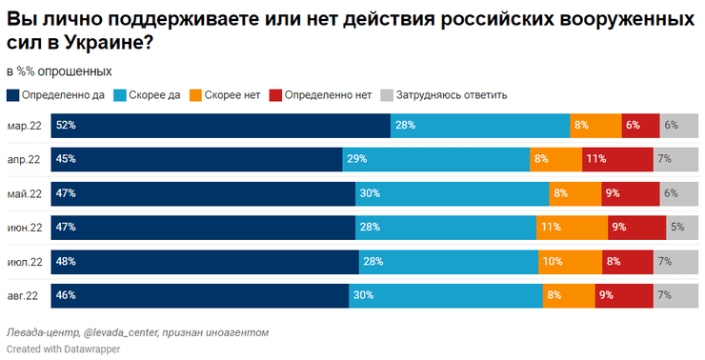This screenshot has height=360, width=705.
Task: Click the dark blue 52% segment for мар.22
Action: pyautogui.click(x=221, y=125)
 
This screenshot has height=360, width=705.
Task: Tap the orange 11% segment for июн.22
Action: pyautogui.click(x=572, y=227)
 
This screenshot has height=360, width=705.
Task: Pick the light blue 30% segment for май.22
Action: pyautogui.click(x=452, y=193)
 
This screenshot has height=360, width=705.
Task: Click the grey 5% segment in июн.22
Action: pyautogui.click(x=681, y=227)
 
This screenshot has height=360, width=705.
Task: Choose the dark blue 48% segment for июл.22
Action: pyautogui.click(x=206, y=261)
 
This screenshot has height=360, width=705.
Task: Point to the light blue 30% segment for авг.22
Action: pyautogui.click(x=444, y=295)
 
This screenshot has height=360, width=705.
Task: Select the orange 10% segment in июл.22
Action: pyautogui.click(x=571, y=261)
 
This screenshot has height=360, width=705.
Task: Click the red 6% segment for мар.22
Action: pyautogui.click(x=641, y=125)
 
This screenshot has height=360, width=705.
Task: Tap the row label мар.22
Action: pyautogui.click(x=24, y=126)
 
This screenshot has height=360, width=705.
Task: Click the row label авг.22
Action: pyautogui.click(x=24, y=296)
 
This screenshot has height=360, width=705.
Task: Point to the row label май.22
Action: pyautogui.click(x=24, y=194)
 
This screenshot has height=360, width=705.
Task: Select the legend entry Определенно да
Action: pyautogui.click(x=63, y=94)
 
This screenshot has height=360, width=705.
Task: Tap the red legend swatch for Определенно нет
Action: pyautogui.click(x=276, y=94)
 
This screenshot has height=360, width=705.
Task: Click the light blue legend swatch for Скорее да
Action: pyautogui.click(x=119, y=94)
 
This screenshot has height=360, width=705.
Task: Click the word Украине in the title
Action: pyautogui.click(x=96, y=43)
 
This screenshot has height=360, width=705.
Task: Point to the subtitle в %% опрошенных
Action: pyautogui.click(x=59, y=71)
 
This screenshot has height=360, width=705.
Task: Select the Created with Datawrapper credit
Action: pyautogui.click(x=63, y=349)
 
